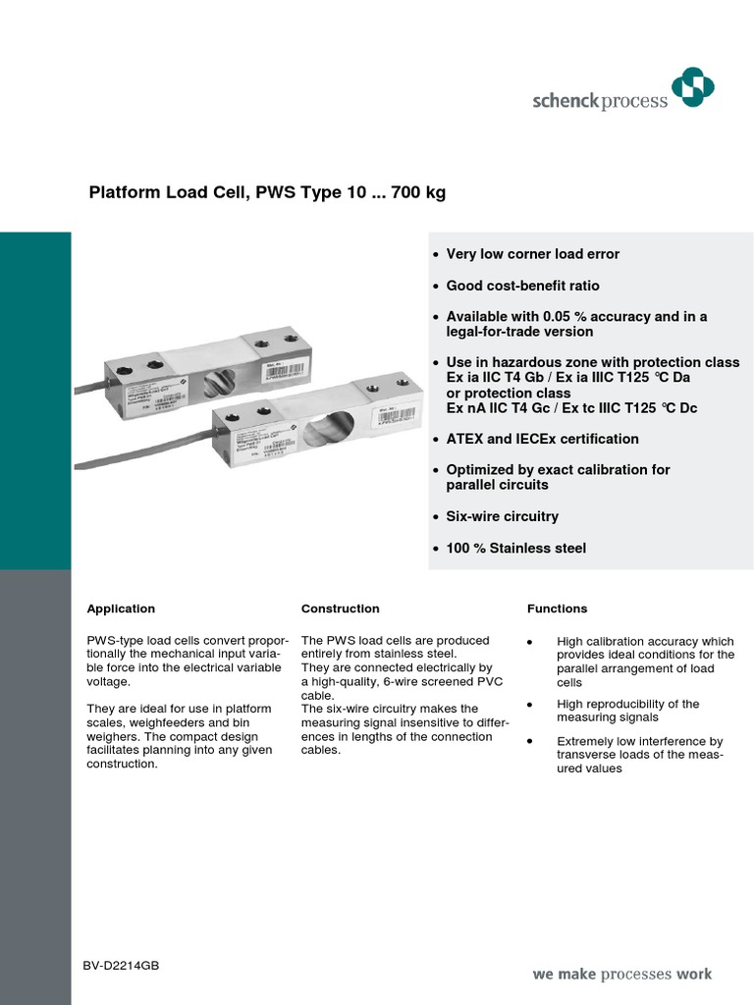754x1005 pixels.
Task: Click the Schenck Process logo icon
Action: (692, 89)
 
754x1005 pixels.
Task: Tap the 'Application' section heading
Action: (121, 608)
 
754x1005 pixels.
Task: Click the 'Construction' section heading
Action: (340, 608)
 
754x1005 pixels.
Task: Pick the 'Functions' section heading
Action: (557, 608)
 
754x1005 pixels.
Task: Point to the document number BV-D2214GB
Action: (121, 967)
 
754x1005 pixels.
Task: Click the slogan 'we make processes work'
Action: (621, 975)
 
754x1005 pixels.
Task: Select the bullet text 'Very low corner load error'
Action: (532, 254)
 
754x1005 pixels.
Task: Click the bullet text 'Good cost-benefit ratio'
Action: (522, 286)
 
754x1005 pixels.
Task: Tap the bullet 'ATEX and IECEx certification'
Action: (542, 439)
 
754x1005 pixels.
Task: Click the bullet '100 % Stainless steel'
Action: (515, 548)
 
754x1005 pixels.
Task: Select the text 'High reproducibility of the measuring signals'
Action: (627, 711)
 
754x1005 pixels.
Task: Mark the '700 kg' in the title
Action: (418, 193)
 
